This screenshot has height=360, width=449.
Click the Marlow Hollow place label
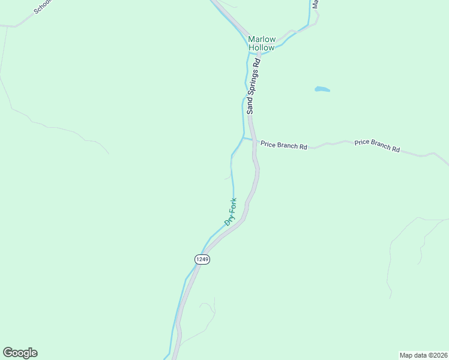tap(261, 43)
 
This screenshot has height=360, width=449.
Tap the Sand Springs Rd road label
tap(253, 85)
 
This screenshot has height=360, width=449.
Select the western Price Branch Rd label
tap(283, 145)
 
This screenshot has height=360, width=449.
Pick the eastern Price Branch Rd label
tap(377, 145)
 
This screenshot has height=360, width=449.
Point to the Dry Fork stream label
tap(231, 211)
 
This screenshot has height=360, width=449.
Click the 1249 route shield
tap(202, 259)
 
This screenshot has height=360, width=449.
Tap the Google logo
tap(20, 353)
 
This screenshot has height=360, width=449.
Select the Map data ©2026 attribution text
tap(423, 355)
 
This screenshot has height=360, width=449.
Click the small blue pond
tap(322, 89)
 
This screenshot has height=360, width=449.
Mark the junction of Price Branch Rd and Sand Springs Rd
tap(255, 142)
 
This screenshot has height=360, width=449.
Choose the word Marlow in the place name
tap(261, 40)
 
